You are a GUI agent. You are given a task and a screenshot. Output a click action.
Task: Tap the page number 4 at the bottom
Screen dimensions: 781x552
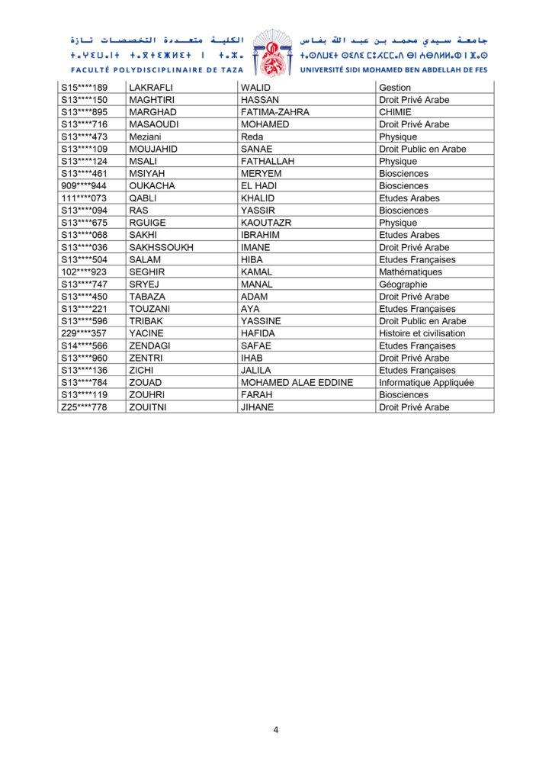pos(276,730)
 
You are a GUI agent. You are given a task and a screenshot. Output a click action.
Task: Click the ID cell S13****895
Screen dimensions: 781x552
pos(84,112)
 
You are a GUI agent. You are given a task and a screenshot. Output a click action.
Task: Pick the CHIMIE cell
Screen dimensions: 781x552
pos(395,112)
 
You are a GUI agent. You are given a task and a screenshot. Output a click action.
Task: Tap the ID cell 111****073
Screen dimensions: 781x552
pos(84,198)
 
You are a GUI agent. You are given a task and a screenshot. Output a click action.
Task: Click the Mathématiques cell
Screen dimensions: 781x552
pos(410,272)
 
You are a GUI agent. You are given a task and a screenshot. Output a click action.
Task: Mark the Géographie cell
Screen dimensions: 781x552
pos(403,284)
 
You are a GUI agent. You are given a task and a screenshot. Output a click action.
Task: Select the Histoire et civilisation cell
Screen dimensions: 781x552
pos(422,333)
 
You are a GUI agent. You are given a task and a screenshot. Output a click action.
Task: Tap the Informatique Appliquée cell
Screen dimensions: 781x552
pos(426,383)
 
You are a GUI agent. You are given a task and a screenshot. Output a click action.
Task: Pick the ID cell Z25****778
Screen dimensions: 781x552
pos(84,407)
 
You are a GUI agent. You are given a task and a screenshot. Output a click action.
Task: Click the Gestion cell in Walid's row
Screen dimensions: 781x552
pos(395,88)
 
